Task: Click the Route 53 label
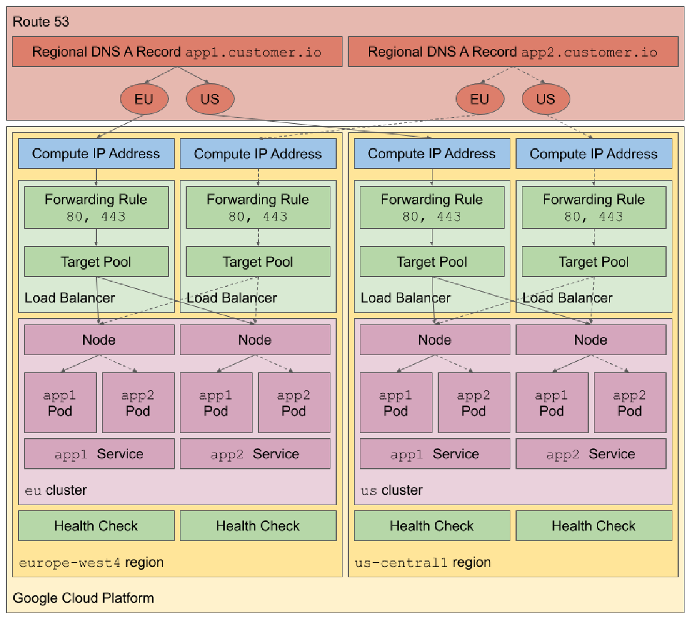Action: pyautogui.click(x=41, y=22)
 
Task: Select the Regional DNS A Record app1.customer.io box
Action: pyautogui.click(x=176, y=52)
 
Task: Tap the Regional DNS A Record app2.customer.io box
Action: pyautogui.click(x=513, y=52)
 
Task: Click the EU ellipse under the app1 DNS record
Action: pyautogui.click(x=144, y=99)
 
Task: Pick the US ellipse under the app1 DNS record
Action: pyautogui.click(x=210, y=99)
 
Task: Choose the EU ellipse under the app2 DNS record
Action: pyautogui.click(x=480, y=99)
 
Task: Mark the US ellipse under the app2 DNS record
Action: pyautogui.click(x=546, y=99)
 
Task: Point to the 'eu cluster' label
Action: pyautogui.click(x=56, y=491)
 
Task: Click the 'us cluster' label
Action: pyautogui.click(x=392, y=491)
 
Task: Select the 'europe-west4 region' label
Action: pyautogui.click(x=91, y=563)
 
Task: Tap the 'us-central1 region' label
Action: pyautogui.click(x=423, y=563)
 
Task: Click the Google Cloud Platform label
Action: pyautogui.click(x=83, y=598)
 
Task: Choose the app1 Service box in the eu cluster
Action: pyautogui.click(x=99, y=454)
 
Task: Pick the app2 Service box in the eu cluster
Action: pyautogui.click(x=255, y=454)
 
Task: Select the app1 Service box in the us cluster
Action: pyautogui.click(x=434, y=454)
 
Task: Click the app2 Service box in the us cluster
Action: pyautogui.click(x=591, y=454)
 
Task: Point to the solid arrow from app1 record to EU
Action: pyautogui.click(x=161, y=75)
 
